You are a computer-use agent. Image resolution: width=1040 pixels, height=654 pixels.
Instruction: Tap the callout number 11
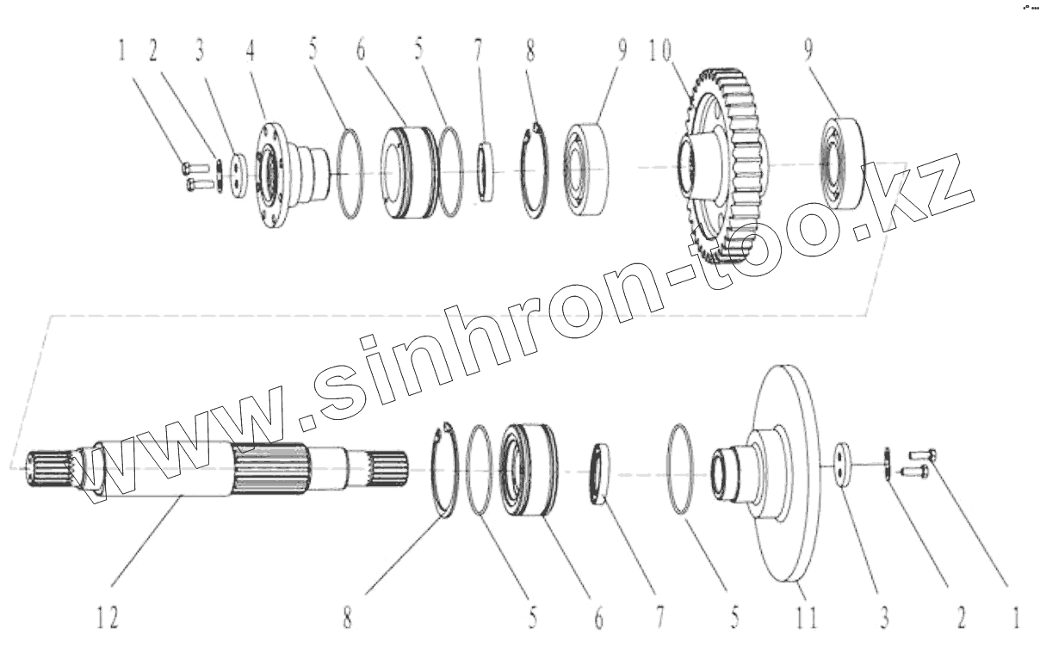click(807, 618)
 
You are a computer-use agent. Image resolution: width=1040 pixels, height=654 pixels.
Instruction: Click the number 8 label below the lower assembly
click(348, 618)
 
